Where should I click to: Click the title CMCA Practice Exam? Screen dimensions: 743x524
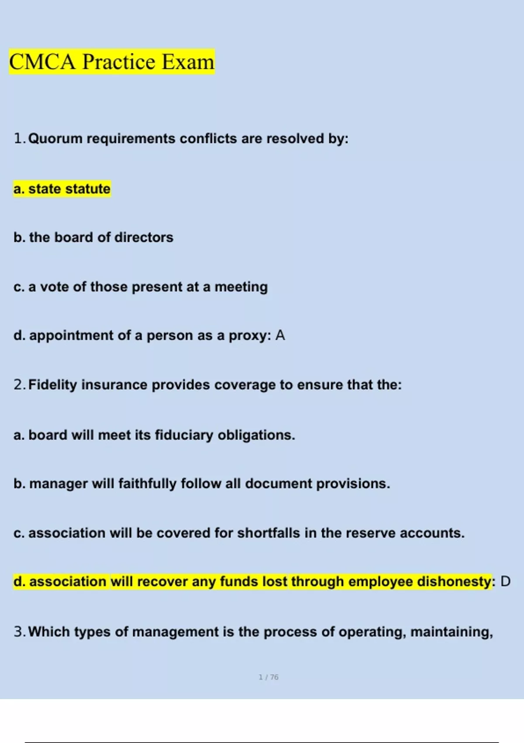tap(112, 62)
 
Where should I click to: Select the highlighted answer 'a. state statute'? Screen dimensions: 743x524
tap(62, 189)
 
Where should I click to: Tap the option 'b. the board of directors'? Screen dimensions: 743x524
tap(93, 237)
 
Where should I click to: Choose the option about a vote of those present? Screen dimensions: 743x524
tap(141, 287)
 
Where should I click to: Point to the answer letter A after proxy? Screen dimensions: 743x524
tap(280, 335)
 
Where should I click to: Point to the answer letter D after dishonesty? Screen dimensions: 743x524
tap(505, 581)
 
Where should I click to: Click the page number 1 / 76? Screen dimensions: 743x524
tap(269, 677)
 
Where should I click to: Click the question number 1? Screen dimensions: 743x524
tap(18, 139)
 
